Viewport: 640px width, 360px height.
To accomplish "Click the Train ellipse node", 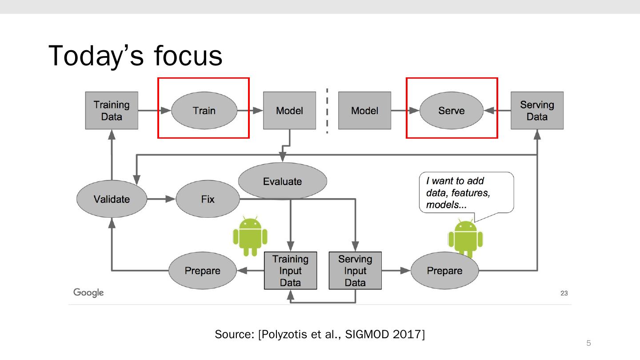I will tap(204, 111).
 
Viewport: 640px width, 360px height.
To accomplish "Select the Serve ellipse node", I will tap(451, 111).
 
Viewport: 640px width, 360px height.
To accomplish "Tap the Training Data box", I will tap(112, 111).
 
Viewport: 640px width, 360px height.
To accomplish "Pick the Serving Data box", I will tap(537, 111).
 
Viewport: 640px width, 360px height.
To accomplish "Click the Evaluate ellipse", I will tap(282, 181).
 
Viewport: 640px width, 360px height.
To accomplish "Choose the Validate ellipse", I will tap(112, 199).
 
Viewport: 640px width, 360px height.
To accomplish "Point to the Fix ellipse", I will tap(208, 199).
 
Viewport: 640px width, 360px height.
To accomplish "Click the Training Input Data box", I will tap(290, 271).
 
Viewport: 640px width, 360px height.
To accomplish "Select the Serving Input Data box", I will tap(355, 271).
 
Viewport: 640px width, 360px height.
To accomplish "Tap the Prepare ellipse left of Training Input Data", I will tap(202, 271).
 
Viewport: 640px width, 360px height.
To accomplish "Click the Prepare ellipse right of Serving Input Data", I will tap(444, 271).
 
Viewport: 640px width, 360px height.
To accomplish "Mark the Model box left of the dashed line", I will tap(289, 111).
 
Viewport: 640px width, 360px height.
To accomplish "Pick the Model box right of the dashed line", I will tap(364, 111).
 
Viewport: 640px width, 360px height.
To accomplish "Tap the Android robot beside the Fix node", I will tap(250, 236).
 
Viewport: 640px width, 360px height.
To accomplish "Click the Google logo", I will tap(88, 292).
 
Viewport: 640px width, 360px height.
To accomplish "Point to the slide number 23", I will tap(564, 293).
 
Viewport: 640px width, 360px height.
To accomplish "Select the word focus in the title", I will tap(188, 56).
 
